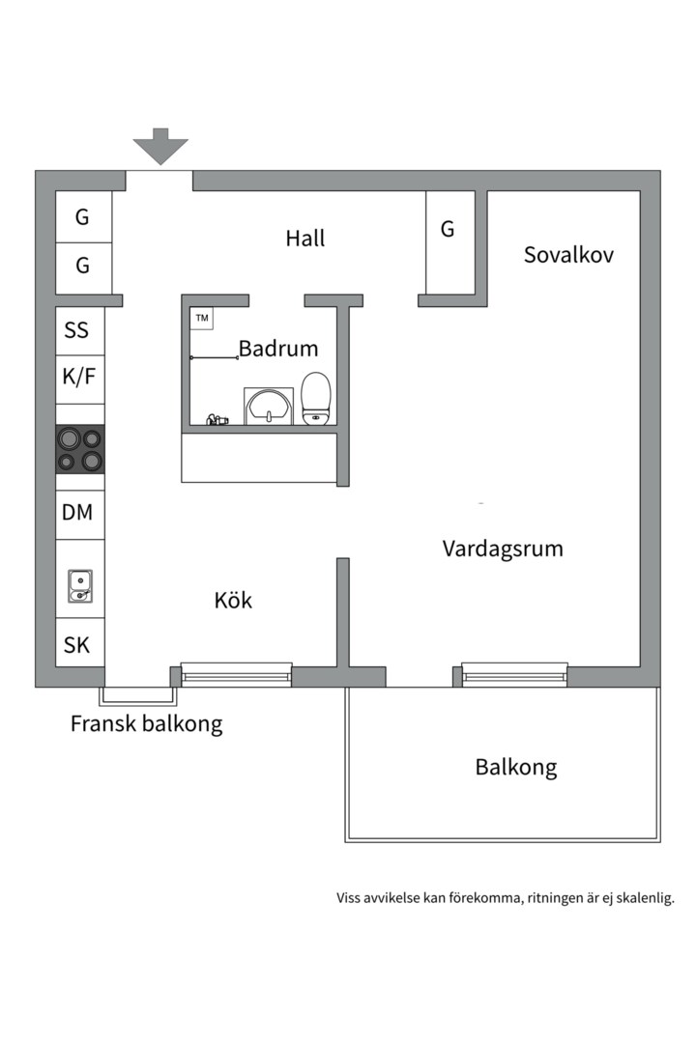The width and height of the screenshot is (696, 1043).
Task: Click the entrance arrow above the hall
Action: tap(160, 147)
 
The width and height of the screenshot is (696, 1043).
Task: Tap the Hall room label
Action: tap(305, 238)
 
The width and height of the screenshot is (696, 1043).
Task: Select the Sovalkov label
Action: tap(568, 254)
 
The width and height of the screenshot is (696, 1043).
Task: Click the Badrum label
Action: tap(278, 349)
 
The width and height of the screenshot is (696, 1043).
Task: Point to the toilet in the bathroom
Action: tap(316, 399)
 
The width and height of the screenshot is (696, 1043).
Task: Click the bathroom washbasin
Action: tap(269, 406)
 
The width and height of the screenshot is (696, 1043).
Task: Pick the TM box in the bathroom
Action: tap(202, 318)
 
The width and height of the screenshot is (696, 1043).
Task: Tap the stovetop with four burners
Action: tap(80, 449)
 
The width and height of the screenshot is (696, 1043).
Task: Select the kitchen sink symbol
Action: tap(80, 585)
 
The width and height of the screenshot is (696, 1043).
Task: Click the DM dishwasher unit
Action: tap(77, 513)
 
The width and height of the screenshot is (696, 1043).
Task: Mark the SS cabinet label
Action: tap(77, 330)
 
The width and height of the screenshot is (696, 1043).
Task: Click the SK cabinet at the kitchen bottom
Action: tap(77, 645)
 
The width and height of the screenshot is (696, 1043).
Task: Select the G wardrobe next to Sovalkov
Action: tap(449, 230)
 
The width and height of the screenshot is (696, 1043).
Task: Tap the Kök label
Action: tap(233, 600)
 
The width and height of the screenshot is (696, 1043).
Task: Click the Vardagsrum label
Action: tap(503, 549)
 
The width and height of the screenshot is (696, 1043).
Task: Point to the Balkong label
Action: tap(516, 768)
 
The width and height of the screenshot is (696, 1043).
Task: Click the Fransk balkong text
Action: tap(146, 723)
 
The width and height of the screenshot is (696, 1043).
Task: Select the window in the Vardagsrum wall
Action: tap(514, 674)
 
